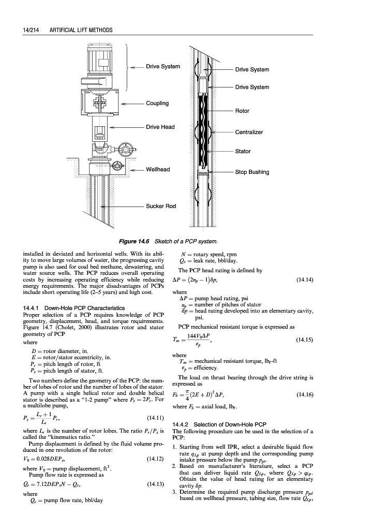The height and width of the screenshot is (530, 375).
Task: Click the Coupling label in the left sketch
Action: pyautogui.click(x=157, y=103)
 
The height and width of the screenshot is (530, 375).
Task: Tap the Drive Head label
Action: pyautogui.click(x=160, y=127)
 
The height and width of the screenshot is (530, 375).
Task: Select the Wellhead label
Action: pyautogui.click(x=157, y=169)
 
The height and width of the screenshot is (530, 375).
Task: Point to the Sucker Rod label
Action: pyautogui.click(x=161, y=206)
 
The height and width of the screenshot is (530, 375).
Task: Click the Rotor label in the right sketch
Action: pyautogui.click(x=243, y=111)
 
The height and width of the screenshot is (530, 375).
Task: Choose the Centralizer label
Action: pyautogui.click(x=249, y=132)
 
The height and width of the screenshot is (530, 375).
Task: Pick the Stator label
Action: pyautogui.click(x=243, y=151)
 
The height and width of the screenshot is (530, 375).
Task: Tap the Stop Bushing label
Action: pyautogui.click(x=252, y=172)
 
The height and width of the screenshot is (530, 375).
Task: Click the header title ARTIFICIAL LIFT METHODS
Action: pyautogui.click(x=81, y=31)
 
